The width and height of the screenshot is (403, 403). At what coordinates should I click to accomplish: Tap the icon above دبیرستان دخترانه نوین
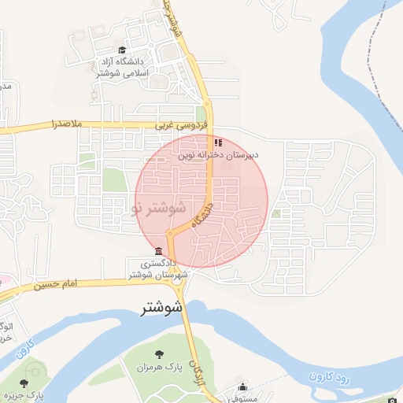pyautogui.click(x=218, y=143)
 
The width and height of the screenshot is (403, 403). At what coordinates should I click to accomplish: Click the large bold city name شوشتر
pyautogui.click(x=161, y=307)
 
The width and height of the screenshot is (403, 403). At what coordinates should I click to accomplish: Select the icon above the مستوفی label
pyautogui.click(x=242, y=387)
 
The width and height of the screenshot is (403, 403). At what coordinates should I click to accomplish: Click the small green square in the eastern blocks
pyautogui.click(x=276, y=213)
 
